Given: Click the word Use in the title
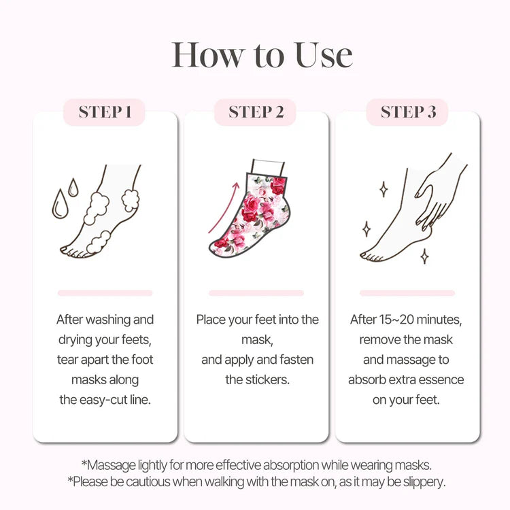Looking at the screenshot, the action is point(324,56).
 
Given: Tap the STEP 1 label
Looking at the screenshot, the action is point(105,112).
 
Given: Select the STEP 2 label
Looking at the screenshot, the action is point(256,112).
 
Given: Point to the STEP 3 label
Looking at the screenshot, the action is point(408,112).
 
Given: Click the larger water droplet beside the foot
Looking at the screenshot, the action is point(60,204).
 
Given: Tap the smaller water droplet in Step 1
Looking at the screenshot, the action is point(73,188).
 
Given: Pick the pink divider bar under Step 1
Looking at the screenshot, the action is point(105,293).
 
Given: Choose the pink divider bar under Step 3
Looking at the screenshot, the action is point(407,293).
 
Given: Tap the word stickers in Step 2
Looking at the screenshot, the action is point(267,379).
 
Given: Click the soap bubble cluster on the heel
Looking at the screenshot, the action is point(131,199).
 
